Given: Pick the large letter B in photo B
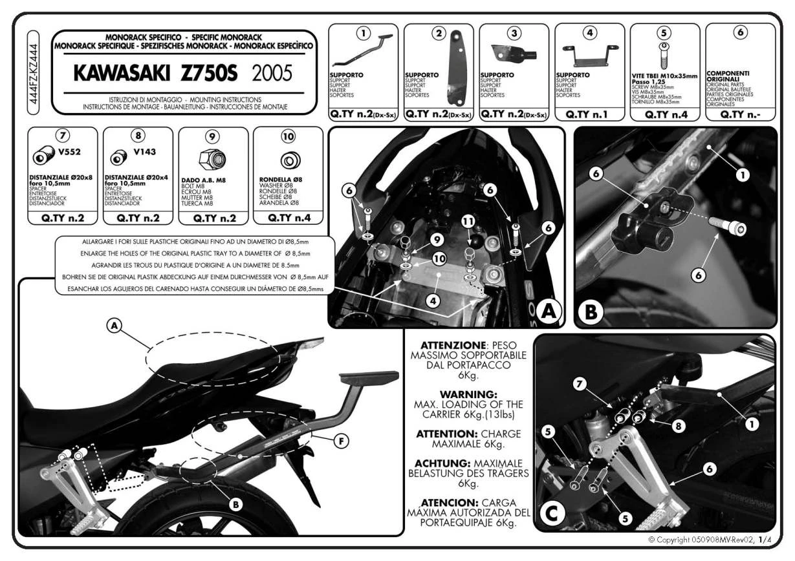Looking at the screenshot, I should point(591,312).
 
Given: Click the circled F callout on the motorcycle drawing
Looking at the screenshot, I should point(340,442).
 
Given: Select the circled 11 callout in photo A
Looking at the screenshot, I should point(468,221).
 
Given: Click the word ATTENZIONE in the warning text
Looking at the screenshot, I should point(451,345).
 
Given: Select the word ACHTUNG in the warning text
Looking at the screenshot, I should point(446,463).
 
